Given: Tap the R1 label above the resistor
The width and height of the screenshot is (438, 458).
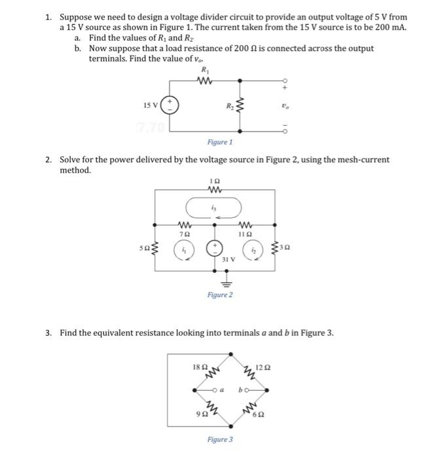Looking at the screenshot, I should (205, 70).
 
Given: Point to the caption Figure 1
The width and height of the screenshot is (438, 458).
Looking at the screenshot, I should (219, 141).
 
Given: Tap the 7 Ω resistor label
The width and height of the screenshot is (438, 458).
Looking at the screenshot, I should (186, 234).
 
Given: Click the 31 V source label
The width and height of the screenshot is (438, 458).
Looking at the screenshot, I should (227, 260).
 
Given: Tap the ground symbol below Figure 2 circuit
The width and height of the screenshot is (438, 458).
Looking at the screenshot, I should (227, 283).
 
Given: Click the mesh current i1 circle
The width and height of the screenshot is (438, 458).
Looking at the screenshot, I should (185, 249).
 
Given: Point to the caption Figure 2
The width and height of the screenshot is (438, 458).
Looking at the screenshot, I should (219, 295).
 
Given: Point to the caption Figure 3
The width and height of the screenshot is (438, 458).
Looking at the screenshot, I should (219, 439).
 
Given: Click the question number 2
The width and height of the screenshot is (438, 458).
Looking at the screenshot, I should (49, 159).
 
